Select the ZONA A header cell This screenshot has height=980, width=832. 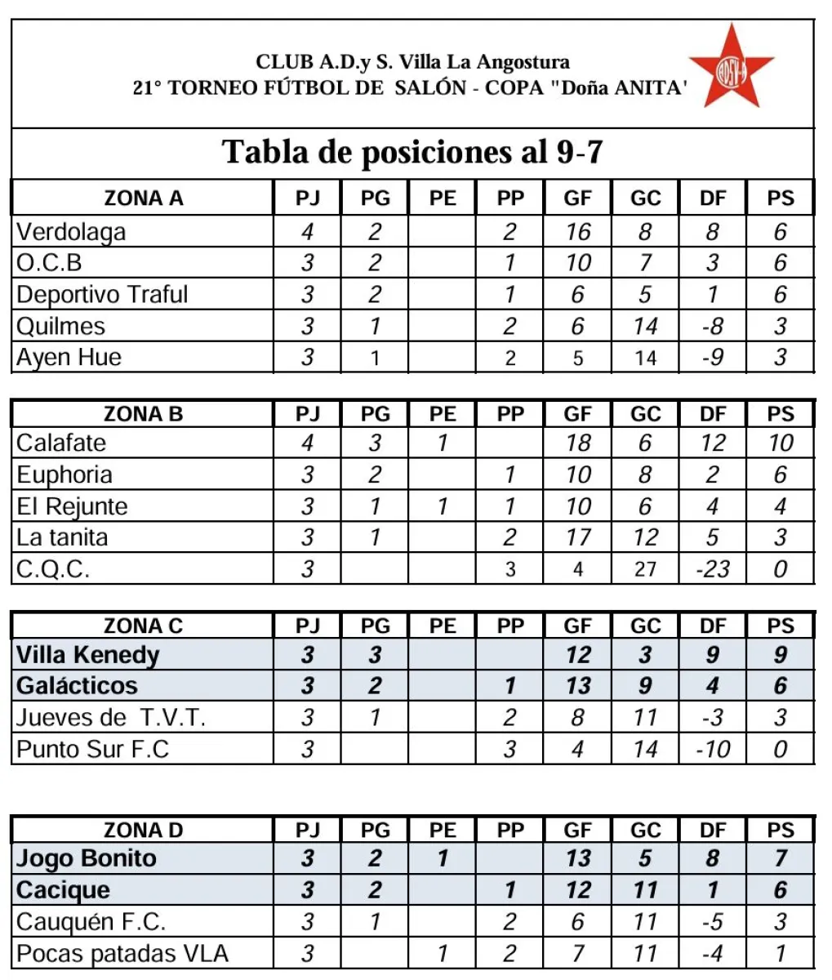[x=144, y=198]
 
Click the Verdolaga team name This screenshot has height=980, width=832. [x=72, y=232]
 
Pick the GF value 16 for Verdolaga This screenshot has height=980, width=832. [x=577, y=232]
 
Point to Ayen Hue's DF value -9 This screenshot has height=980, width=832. [x=712, y=358]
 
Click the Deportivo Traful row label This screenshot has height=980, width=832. [x=102, y=294]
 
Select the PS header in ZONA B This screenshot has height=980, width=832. [x=781, y=414]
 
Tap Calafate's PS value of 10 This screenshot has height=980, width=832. [x=781, y=443]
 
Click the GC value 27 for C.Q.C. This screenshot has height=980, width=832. [x=645, y=568]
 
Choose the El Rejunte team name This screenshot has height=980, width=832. [x=72, y=506]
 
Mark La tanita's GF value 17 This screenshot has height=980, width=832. [x=577, y=537]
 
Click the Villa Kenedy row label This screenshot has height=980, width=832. [x=88, y=655]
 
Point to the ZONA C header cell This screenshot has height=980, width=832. [x=144, y=626]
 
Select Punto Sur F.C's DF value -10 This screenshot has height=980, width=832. [x=712, y=749]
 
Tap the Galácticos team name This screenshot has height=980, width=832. [x=78, y=686]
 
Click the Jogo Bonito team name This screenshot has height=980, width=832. [x=87, y=858]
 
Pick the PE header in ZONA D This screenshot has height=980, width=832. [x=443, y=831]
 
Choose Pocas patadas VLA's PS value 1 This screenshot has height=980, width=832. [x=781, y=953]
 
